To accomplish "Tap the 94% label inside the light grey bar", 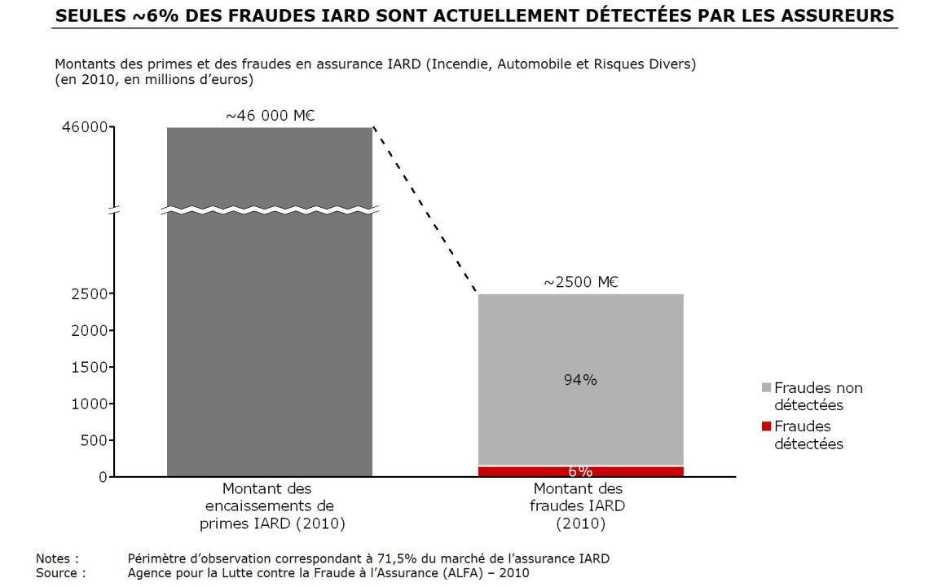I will [580, 379].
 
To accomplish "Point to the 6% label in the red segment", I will [580, 471].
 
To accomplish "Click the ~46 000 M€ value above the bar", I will [270, 116].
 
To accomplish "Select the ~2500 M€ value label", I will [580, 283].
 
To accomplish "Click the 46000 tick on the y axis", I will [85, 127].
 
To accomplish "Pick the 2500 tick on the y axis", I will [89, 293].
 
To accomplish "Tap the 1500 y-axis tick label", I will [89, 367].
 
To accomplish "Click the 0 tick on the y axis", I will [103, 477].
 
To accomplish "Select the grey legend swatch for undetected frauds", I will [766, 387].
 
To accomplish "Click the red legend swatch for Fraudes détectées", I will [766, 426].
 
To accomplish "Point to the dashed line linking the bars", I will [424, 210].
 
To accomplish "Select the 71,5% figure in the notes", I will [394, 558].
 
